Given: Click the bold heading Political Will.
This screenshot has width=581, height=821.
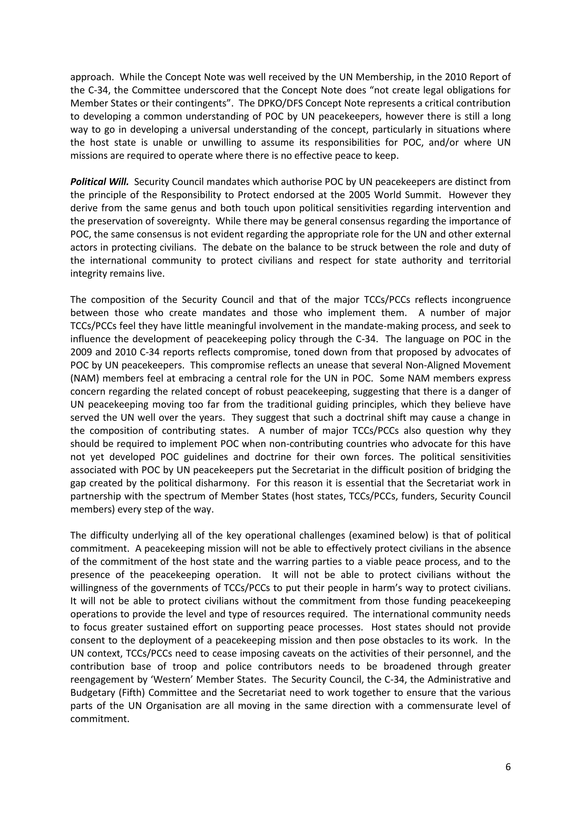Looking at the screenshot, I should (99, 182).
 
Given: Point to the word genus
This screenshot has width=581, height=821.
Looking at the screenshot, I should (202, 208).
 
